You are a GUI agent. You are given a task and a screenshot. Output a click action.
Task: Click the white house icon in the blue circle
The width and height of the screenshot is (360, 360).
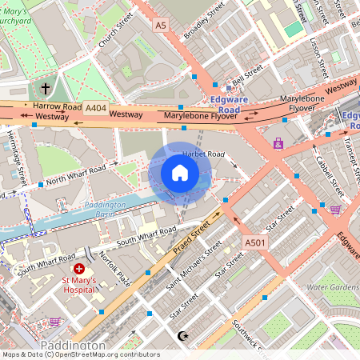(180, 173)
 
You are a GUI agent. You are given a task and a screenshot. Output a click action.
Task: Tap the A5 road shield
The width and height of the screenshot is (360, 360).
(162, 26)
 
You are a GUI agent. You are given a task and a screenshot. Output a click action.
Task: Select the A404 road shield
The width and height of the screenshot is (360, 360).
(95, 107)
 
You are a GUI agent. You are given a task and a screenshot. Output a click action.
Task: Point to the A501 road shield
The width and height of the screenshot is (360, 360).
(254, 242)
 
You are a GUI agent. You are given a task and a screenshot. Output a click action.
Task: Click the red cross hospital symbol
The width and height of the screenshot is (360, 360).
(79, 269)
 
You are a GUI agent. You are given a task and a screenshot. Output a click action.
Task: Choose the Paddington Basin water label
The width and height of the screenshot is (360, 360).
(105, 206)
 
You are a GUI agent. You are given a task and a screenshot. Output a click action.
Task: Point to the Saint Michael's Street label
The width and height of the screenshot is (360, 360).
(194, 265)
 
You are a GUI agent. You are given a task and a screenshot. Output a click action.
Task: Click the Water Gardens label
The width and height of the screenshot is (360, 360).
(333, 286)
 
